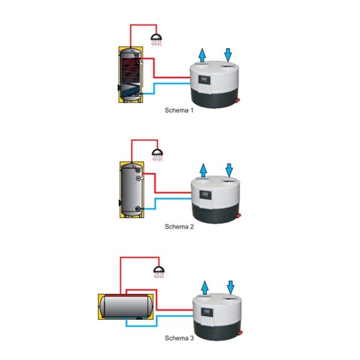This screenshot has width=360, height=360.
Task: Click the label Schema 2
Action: tap(179, 226)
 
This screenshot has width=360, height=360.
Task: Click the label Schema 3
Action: tap(179, 338)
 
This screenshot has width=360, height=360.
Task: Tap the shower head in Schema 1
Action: tap(158, 39)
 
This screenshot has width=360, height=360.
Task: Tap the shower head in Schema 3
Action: tap(158, 269)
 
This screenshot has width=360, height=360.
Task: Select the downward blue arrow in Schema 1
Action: tap(228, 54)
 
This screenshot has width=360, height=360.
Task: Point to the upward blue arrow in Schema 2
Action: tap(202, 169)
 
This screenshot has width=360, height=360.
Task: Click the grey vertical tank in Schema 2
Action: tap(131, 189)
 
